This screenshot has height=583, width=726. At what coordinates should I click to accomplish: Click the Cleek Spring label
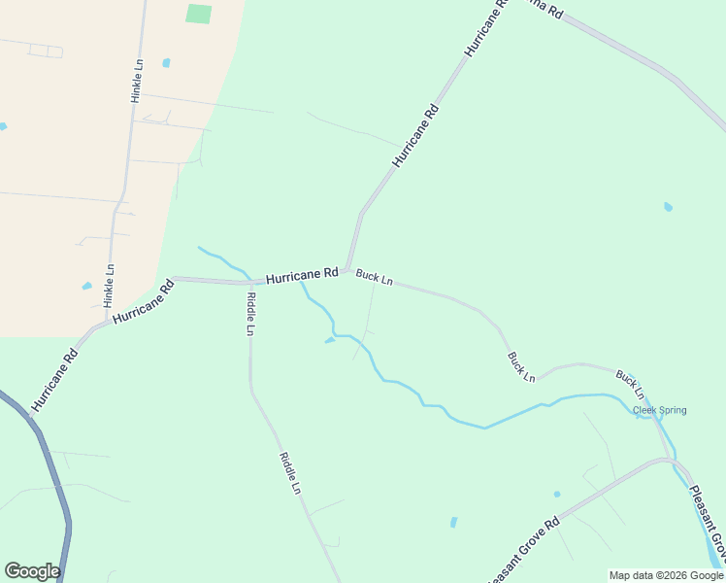coord(659,410)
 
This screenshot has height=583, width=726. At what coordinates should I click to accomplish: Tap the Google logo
coord(32,570)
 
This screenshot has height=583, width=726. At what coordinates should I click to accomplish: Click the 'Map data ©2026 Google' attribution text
coord(666,575)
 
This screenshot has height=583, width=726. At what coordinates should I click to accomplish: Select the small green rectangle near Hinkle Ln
coord(198,14)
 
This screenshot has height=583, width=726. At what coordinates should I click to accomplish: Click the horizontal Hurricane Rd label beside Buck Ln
coord(302,276)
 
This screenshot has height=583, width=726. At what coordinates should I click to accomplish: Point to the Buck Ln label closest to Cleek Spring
coord(629,385)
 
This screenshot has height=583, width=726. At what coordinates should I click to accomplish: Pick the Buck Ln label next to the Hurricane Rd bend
coord(374,278)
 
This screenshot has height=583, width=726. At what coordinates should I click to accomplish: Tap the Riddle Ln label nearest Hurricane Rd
coord(250,313)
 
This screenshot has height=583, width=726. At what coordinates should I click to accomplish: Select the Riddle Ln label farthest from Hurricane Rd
coord(290,474)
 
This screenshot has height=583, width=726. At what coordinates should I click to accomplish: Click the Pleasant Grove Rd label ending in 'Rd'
coord(523,551)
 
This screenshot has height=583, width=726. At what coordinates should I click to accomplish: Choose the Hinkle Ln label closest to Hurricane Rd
coord(109,282)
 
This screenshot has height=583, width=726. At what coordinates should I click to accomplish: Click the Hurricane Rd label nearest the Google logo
coord(53,380)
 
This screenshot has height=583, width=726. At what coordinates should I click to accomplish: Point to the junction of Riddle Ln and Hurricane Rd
coord(248,283)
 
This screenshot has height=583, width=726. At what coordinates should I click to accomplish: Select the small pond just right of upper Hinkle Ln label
coord(166,63)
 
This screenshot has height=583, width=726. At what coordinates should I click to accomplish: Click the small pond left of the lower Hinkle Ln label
coord(87,286)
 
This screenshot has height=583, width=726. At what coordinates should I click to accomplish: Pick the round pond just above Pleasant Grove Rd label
coord(557,494)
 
